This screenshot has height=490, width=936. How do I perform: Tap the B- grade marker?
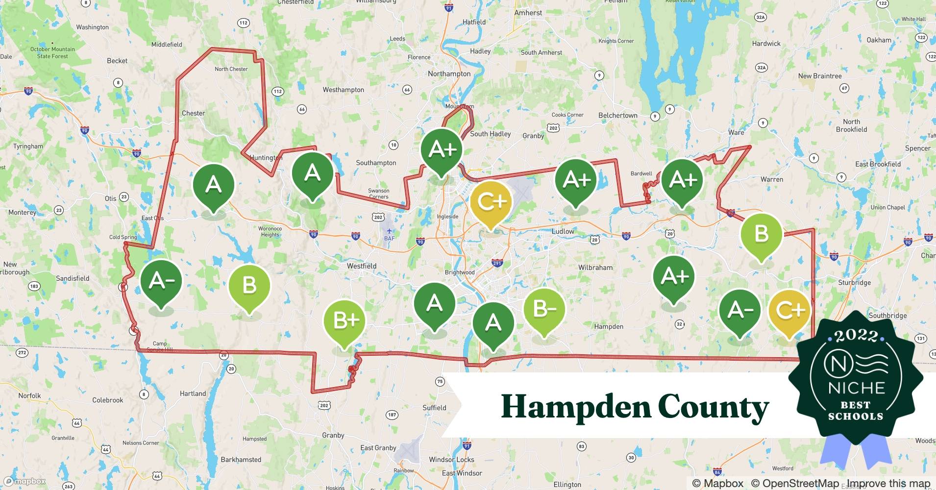pyautogui.click(x=544, y=309)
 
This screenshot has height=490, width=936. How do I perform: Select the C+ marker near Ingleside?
pyautogui.click(x=491, y=201)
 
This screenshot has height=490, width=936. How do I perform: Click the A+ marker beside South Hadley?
pyautogui.click(x=442, y=149)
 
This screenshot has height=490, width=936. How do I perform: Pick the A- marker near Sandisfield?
pyautogui.click(x=161, y=281)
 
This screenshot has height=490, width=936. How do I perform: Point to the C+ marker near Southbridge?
pyautogui.click(x=789, y=311)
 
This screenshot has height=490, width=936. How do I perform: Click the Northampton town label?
pyautogui.click(x=449, y=74)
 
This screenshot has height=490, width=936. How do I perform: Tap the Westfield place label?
pyautogui.click(x=362, y=266)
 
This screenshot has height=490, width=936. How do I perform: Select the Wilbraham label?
pyautogui.click(x=595, y=268)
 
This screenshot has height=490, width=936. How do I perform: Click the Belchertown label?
pyautogui.click(x=617, y=116)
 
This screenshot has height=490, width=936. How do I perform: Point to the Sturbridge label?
pyautogui.click(x=854, y=283)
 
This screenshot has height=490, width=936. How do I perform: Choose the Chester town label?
pyautogui.click(x=193, y=113)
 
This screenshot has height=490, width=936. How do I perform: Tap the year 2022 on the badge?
pyautogui.click(x=856, y=336)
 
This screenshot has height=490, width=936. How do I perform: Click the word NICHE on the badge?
pyautogui.click(x=856, y=388)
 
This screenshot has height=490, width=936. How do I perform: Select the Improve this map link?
pyautogui.click(x=888, y=484)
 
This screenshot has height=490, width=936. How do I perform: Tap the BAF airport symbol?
pyautogui.click(x=389, y=231)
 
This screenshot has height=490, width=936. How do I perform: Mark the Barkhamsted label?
pyautogui.click(x=241, y=460)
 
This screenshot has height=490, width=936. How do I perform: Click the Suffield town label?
pyautogui.click(x=434, y=408)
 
